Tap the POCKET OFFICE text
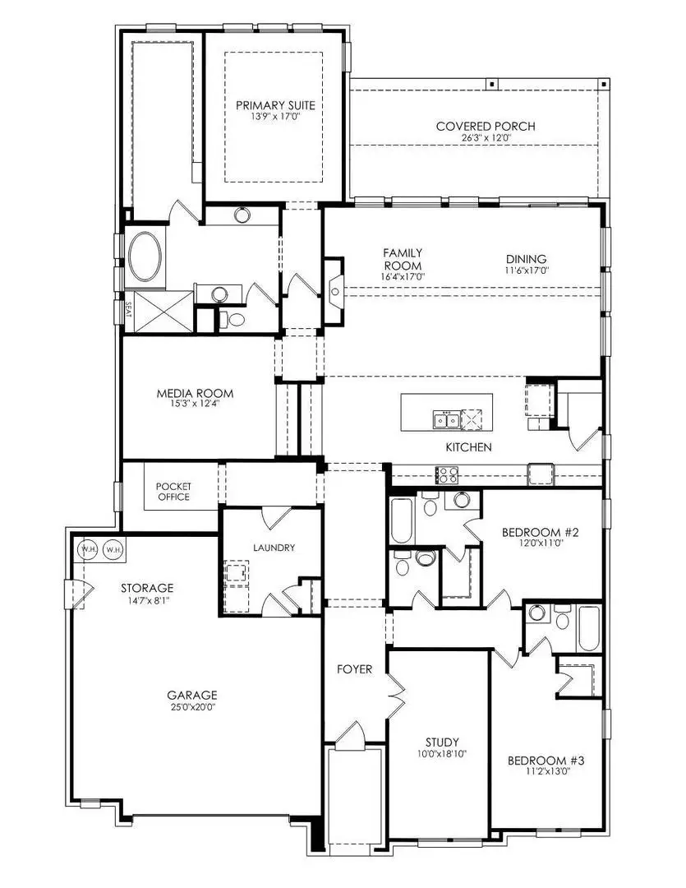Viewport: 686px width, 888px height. click(x=173, y=492)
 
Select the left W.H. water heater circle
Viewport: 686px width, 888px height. click(x=88, y=548)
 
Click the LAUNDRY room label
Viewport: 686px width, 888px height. click(x=274, y=548)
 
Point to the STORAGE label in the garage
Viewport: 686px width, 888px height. click(x=147, y=588)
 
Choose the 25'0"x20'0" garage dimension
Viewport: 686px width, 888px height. click(x=194, y=706)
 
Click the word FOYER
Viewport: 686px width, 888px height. click(x=354, y=669)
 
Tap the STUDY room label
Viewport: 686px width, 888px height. click(x=442, y=742)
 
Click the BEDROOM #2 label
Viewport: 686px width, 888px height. click(x=541, y=533)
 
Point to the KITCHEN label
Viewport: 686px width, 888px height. click(x=468, y=447)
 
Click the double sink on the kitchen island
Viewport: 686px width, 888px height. click(x=446, y=421)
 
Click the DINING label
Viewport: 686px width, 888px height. click(x=526, y=258)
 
